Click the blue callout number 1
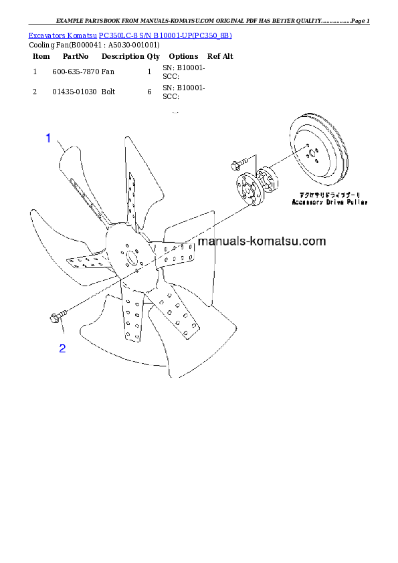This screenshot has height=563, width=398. [x=48, y=138]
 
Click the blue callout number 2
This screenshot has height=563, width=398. [x=62, y=348]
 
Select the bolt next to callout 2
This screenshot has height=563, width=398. [x=56, y=317]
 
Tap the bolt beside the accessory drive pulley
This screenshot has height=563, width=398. [x=237, y=162]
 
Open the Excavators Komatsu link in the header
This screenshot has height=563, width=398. [x=130, y=35]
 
